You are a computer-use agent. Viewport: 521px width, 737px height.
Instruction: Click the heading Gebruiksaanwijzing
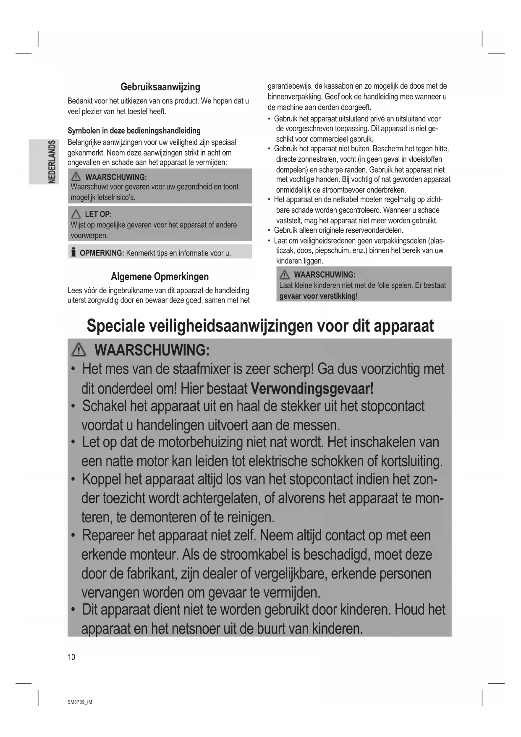160,87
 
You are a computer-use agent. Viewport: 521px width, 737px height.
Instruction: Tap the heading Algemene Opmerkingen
160,276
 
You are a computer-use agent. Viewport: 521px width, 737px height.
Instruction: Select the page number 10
71,657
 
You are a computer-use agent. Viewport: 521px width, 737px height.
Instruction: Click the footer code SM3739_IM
79,702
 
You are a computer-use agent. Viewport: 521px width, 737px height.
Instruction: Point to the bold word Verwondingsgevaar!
312,388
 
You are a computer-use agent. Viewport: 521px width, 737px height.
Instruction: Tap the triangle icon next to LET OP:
76,214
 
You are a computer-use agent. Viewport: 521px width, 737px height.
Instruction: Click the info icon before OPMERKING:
73,253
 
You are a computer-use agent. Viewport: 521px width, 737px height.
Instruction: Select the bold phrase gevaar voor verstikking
317,296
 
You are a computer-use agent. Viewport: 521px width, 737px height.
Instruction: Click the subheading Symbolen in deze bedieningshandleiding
134,131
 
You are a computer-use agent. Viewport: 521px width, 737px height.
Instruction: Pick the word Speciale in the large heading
113,326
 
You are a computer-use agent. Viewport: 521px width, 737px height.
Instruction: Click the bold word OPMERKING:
102,253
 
